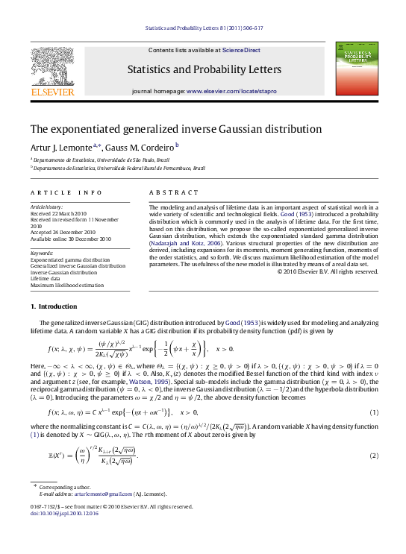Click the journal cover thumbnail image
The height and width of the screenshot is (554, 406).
pyautogui.click(x=356, y=68)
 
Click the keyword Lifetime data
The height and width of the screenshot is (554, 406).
pyautogui.click(x=46, y=279)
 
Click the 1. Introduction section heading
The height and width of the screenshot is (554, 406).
pyautogui.click(x=53, y=306)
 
